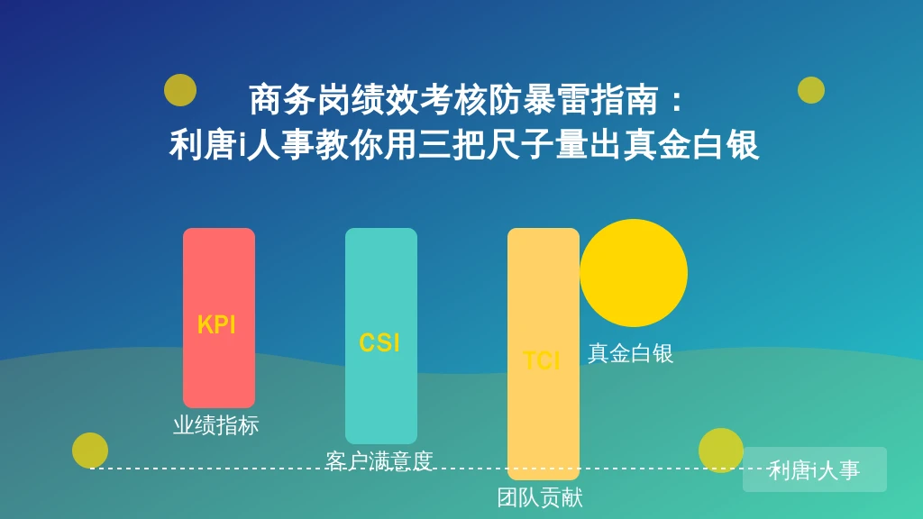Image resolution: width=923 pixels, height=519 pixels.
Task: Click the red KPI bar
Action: click(219, 318)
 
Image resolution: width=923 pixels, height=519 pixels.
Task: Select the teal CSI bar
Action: click(381, 336)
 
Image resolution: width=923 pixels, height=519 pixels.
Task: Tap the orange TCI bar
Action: click(544, 353)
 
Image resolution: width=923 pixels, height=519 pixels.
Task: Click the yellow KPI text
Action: click(216, 324)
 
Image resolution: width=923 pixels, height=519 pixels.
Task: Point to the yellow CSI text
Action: click(379, 342)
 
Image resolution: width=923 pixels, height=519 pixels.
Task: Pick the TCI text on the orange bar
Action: click(542, 360)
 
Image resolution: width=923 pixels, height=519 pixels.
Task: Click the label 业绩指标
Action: click(216, 425)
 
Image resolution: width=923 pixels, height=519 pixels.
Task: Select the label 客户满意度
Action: click(379, 460)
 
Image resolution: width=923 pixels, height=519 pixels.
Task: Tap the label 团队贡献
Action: click(540, 497)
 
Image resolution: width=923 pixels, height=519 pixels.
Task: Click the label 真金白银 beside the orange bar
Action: click(630, 353)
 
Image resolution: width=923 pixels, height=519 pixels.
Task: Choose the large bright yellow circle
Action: click(634, 273)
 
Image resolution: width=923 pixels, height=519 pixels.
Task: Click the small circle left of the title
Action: click(180, 90)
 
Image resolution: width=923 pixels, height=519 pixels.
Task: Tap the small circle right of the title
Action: click(811, 90)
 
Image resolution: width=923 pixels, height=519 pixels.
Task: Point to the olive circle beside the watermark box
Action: click(721, 451)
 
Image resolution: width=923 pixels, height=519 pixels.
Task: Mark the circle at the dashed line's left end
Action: click(90, 451)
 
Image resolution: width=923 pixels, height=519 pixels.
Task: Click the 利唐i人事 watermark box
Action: click(815, 469)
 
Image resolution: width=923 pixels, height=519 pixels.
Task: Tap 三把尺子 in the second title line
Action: click(486, 145)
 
